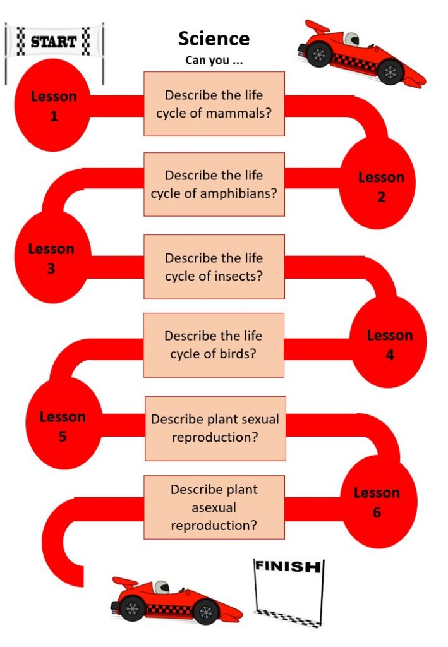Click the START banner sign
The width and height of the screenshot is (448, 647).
pyautogui.click(x=54, y=41)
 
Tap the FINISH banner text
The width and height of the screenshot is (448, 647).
pyautogui.click(x=288, y=566)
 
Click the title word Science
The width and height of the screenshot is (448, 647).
pyautogui.click(x=214, y=39)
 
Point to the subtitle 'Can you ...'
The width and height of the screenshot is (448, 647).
pyautogui.click(x=214, y=60)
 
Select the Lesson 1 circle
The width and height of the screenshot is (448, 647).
pyautogui.click(x=52, y=105)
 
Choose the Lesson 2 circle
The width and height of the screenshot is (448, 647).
pyautogui.click(x=377, y=183)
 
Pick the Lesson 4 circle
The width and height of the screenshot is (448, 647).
pyautogui.click(x=388, y=342)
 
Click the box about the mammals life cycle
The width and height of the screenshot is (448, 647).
pyautogui.click(x=214, y=104)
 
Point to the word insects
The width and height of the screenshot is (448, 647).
pyautogui.click(x=238, y=275)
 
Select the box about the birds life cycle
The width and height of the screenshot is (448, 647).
pyautogui.click(x=214, y=345)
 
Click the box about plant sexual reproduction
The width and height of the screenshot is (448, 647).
pyautogui.click(x=215, y=428)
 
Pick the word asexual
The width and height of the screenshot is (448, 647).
pyautogui.click(x=214, y=507)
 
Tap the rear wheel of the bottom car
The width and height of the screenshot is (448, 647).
pyautogui.click(x=132, y=608)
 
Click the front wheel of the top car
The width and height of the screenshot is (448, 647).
pyautogui.click(x=390, y=72)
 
